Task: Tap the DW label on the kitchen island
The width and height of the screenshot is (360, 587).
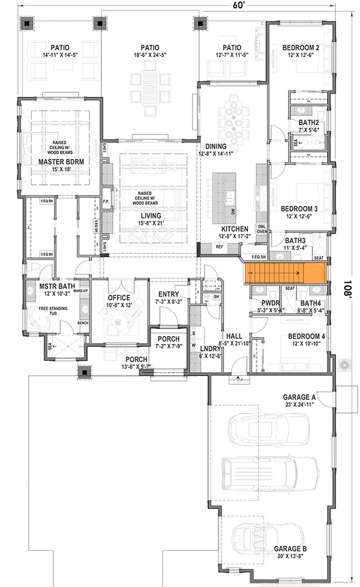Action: (x=233, y=212)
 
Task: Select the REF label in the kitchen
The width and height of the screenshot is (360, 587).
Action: (x=220, y=247)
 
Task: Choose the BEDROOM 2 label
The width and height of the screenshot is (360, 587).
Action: (x=300, y=48)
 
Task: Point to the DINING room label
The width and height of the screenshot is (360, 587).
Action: (x=216, y=146)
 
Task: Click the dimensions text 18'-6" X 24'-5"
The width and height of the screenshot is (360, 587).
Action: (x=149, y=56)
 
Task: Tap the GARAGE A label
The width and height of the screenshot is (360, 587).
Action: (x=301, y=397)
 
